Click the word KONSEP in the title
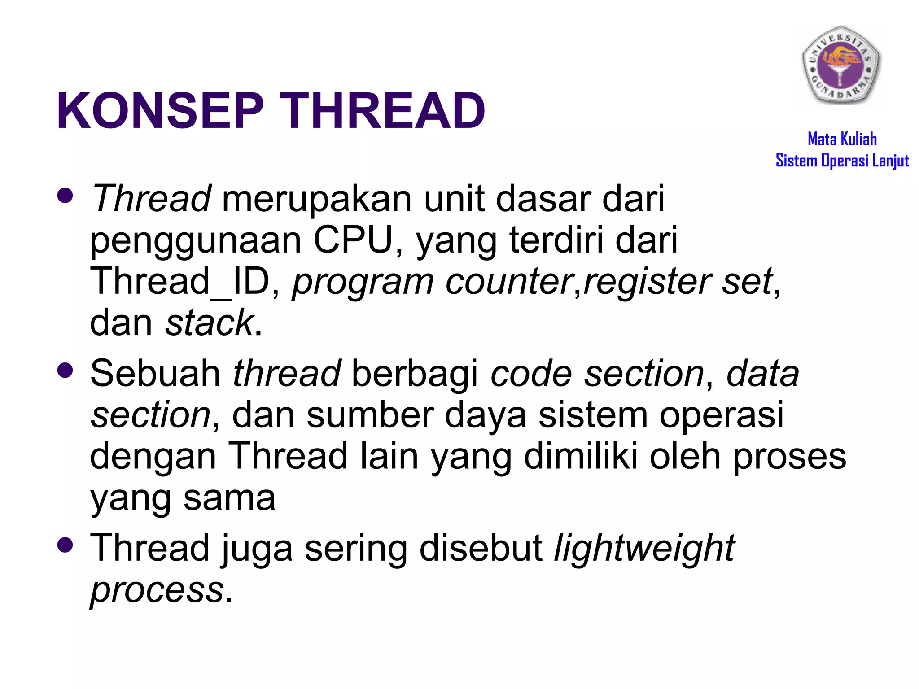click(x=160, y=111)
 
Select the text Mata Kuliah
click(x=842, y=139)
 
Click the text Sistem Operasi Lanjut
click(x=842, y=161)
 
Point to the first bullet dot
click(x=66, y=196)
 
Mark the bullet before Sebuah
click(x=66, y=371)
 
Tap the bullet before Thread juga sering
click(x=66, y=545)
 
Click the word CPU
click(x=353, y=240)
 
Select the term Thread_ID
click(x=180, y=282)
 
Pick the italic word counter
click(x=509, y=282)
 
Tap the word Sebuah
click(x=155, y=373)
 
